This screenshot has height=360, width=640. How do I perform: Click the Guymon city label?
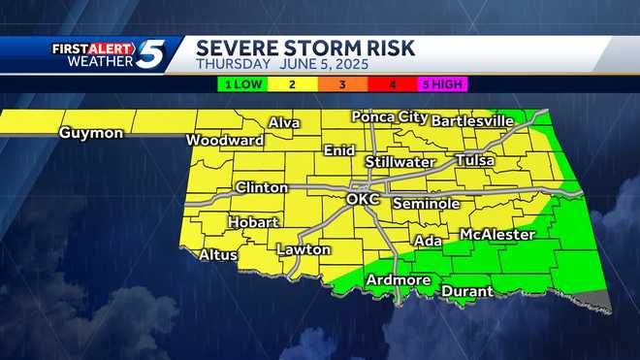point(91,133)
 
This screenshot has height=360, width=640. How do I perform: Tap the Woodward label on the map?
point(225,140)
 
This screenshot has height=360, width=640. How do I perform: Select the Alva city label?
point(284,123)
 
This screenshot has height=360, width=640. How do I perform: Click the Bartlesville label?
point(472,121)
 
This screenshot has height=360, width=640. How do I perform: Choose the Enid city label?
point(338,152)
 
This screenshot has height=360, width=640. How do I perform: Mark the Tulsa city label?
point(474,160)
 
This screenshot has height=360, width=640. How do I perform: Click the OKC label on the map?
point(365,200)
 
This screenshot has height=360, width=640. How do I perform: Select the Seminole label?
point(426,204)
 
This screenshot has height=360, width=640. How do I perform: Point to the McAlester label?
point(496,235)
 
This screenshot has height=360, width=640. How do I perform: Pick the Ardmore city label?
point(398,280)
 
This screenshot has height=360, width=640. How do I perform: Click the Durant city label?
point(466,291)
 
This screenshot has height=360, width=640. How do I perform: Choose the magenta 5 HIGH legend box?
point(441,83)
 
